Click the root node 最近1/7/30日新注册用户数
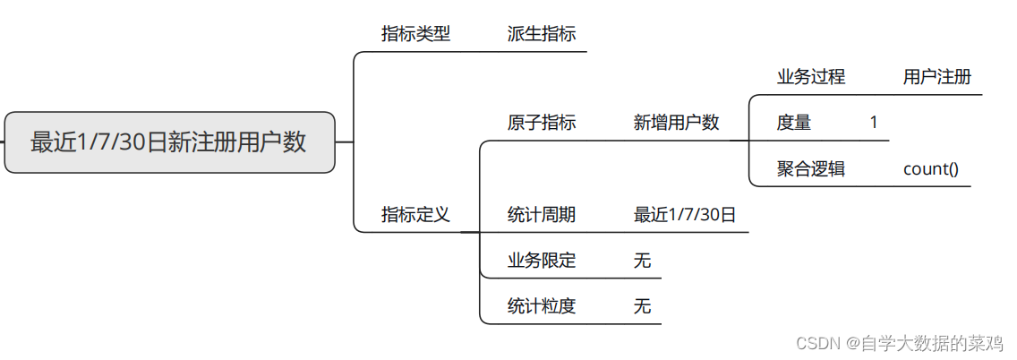point(169,142)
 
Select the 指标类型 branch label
point(415,34)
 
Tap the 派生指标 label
point(542,34)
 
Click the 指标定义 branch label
point(415,215)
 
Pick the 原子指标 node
point(542,123)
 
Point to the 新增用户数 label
point(676,123)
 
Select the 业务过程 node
point(810,76)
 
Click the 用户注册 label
point(936,76)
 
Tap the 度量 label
point(793,123)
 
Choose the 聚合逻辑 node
point(810,168)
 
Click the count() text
point(931,168)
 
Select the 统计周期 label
point(542,215)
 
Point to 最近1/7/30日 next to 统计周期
point(685,215)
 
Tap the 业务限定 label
point(542,261)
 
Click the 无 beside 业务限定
point(642,261)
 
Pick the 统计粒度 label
point(542,306)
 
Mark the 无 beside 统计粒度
point(642,306)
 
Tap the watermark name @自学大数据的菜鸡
point(927,343)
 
